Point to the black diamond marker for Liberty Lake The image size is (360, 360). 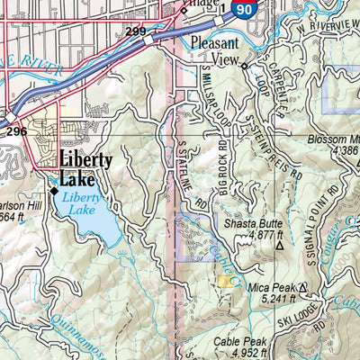[54, 192]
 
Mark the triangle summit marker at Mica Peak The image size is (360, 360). [303, 287]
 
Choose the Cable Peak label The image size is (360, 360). [238, 342]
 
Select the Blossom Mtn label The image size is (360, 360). [334, 140]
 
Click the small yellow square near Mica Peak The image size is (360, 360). [223, 282]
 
